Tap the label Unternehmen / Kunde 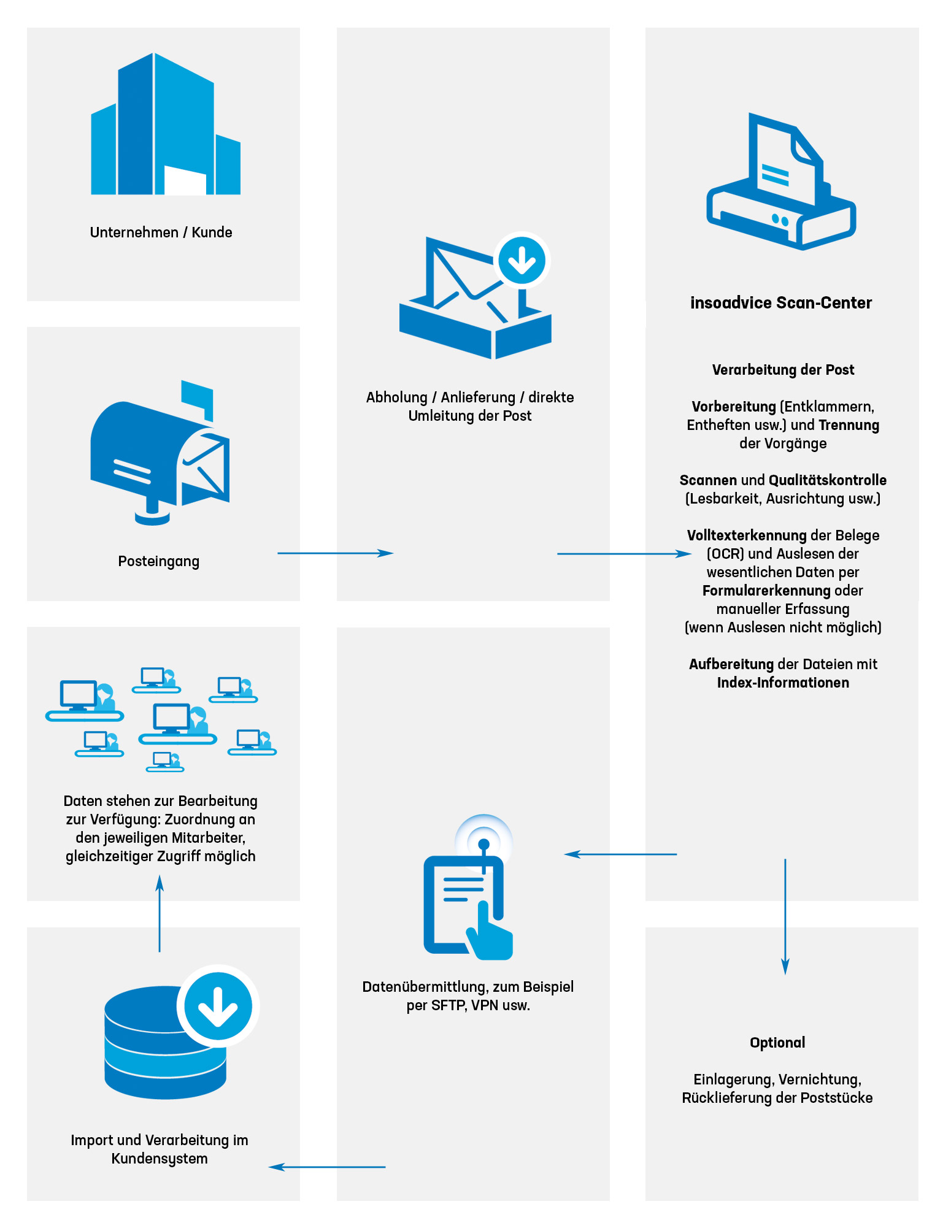coord(161,232)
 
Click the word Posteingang coord(158,562)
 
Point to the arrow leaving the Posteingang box coord(335,553)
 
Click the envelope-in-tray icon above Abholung coord(475,296)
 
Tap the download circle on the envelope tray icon coord(522,260)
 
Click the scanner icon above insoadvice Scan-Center coord(781,182)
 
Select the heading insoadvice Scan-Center coord(781,303)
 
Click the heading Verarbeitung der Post coord(783,370)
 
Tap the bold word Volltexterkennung coord(747,535)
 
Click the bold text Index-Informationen coord(783,683)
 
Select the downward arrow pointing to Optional coord(785,916)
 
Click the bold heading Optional coord(777,1043)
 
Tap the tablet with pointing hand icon coord(469,887)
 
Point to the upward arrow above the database coord(160,913)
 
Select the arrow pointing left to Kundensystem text coord(327,1167)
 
